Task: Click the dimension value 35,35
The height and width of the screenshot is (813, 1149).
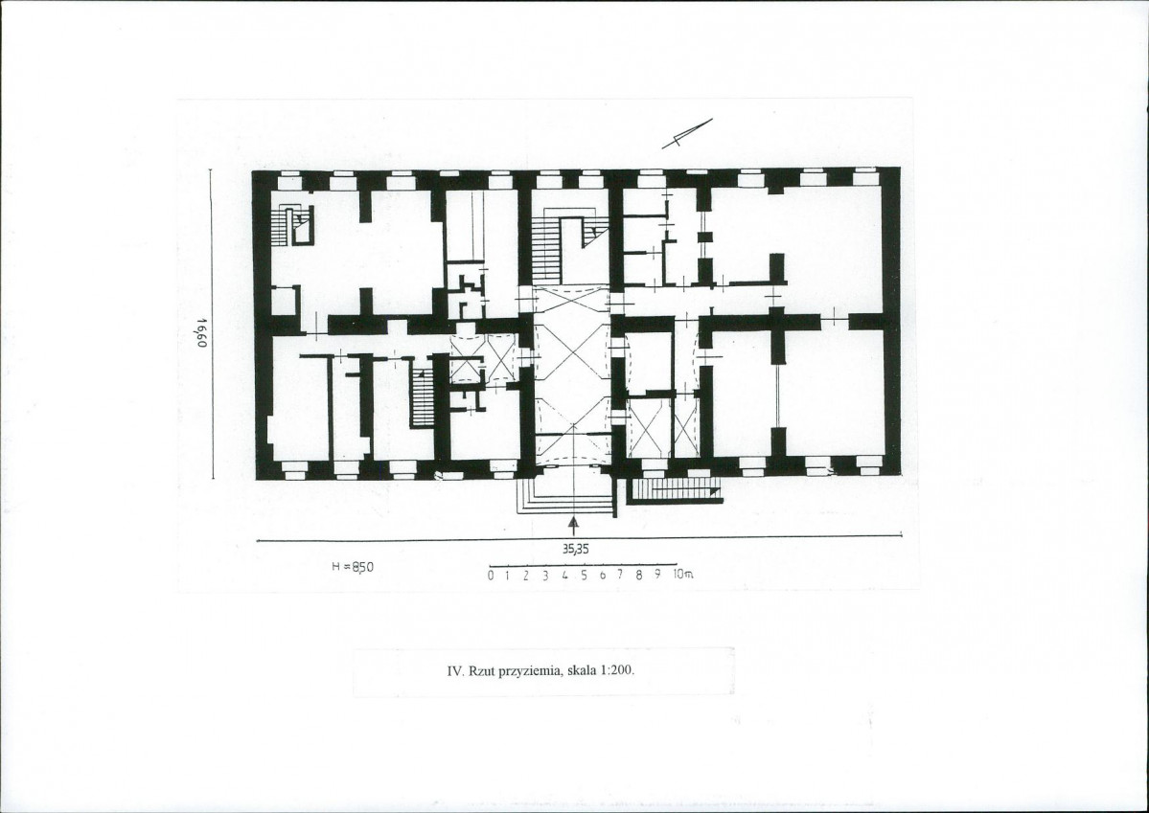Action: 576,548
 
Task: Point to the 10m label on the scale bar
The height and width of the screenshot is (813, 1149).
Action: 683,575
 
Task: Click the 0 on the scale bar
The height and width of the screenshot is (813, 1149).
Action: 491,576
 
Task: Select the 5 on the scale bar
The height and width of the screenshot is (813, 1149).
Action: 584,575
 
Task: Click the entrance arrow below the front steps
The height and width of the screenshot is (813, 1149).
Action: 574,526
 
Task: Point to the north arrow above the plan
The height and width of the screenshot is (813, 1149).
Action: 686,133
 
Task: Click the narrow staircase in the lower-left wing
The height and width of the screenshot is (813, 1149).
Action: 422,395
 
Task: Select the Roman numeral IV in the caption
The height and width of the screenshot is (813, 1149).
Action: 456,670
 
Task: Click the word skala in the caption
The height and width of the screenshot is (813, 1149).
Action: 583,670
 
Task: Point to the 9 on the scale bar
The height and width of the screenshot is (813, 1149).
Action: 657,575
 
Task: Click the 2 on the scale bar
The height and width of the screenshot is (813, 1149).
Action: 526,575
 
